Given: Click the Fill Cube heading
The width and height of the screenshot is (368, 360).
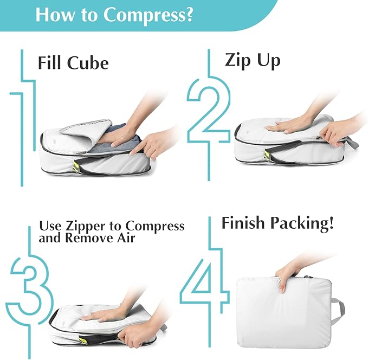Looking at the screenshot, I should [x=73, y=62].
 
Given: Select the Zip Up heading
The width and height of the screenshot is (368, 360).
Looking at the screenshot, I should [x=253, y=60].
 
